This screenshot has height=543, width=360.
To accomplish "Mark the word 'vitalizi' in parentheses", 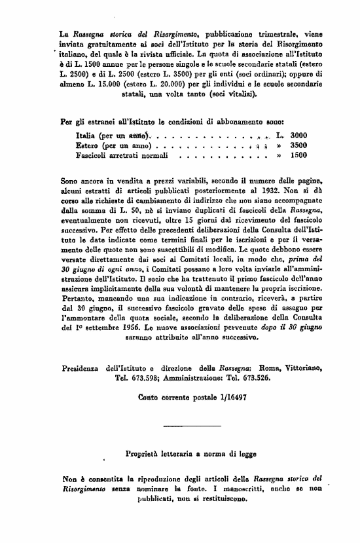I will [240, 94].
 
